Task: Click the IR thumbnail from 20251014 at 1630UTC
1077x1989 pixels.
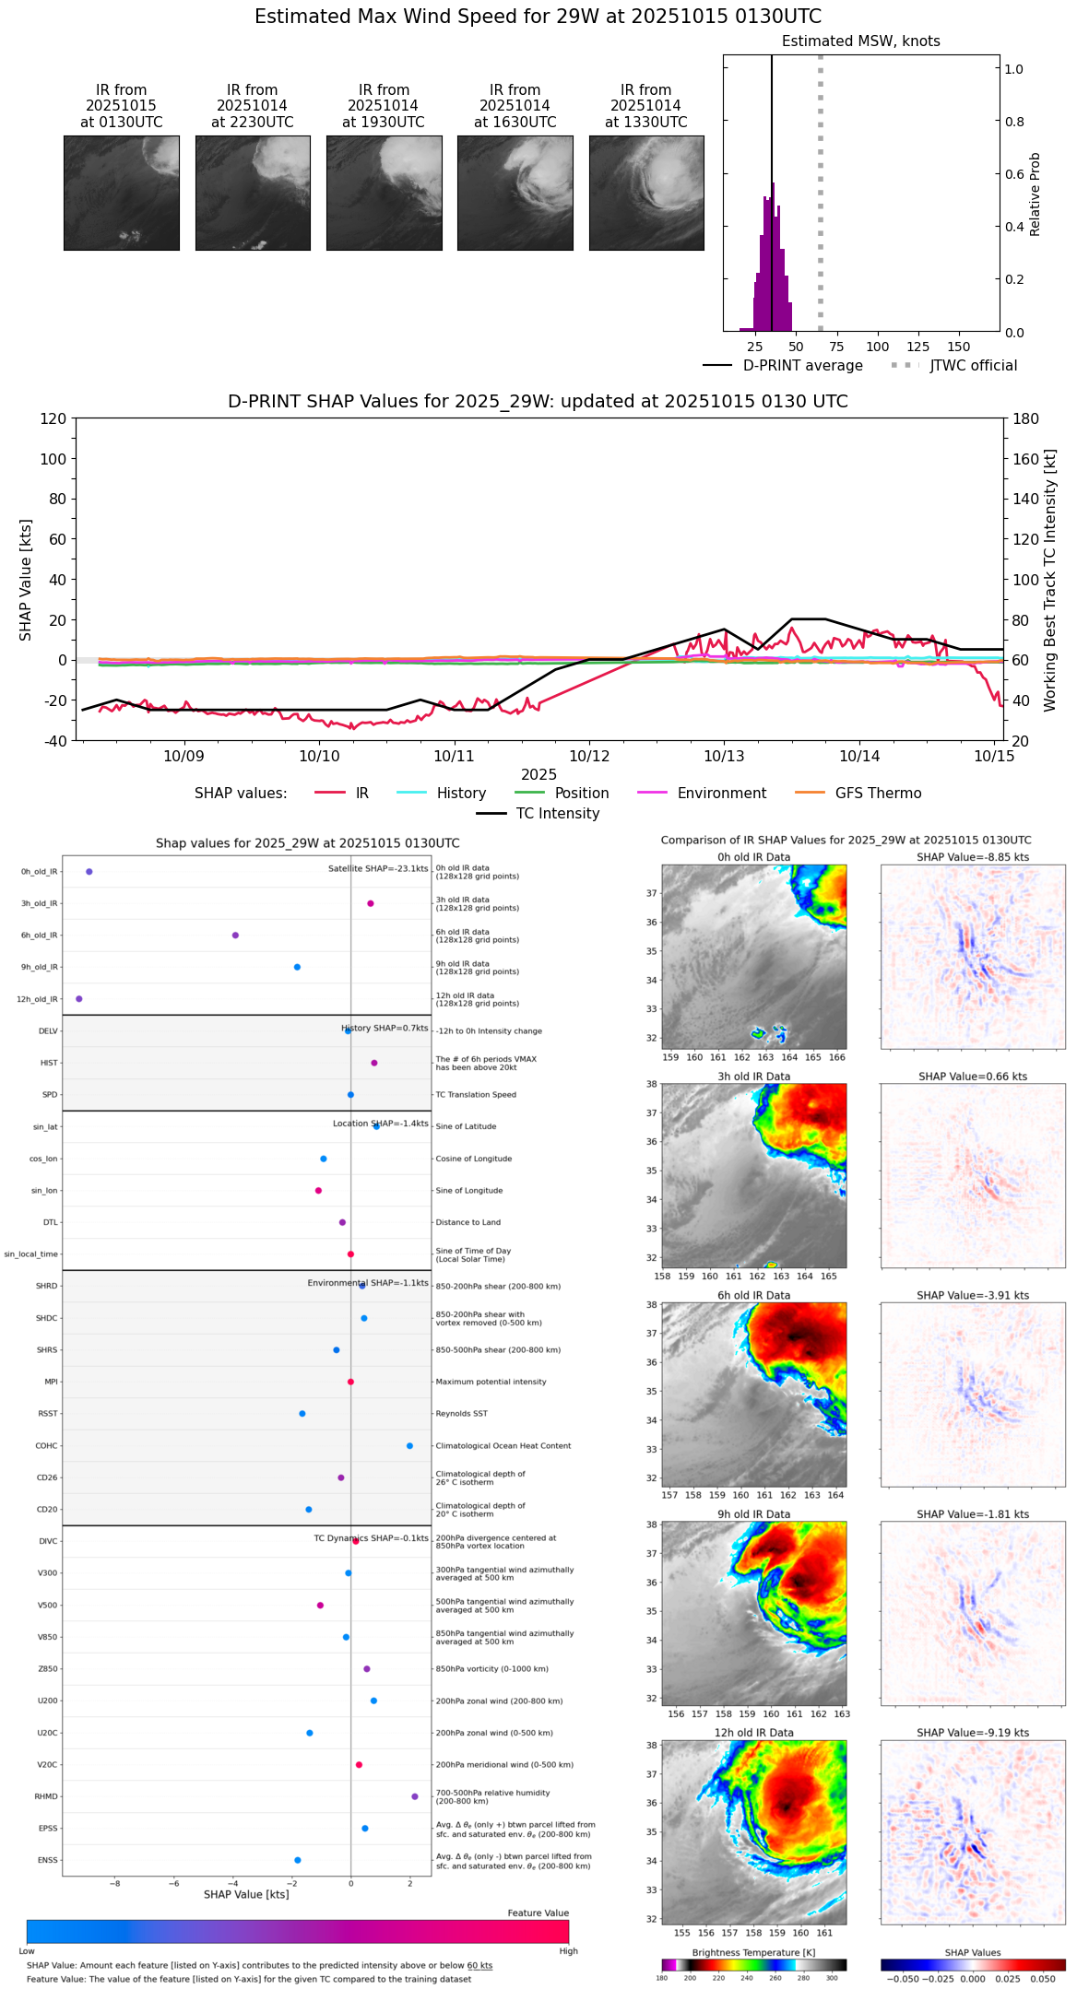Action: point(515,193)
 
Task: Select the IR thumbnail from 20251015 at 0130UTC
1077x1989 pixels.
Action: point(121,193)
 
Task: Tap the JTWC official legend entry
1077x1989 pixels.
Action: point(973,366)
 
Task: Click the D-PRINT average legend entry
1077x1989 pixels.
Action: point(802,366)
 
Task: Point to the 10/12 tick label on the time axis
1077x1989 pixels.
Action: point(589,757)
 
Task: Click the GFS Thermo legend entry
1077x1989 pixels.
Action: point(878,794)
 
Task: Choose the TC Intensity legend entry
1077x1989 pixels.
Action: point(557,814)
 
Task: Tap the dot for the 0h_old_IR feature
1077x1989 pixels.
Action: point(89,872)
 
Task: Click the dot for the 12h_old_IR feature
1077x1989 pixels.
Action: point(79,999)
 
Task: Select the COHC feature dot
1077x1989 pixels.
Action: point(409,1446)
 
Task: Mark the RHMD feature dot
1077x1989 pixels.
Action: point(415,1796)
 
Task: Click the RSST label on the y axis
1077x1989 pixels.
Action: point(47,1414)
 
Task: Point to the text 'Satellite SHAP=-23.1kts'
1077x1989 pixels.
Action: point(378,869)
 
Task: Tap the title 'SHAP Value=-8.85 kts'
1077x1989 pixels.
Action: point(973,858)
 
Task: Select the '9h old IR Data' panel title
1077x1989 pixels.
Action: point(753,1514)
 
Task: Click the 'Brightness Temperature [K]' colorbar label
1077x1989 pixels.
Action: point(753,1953)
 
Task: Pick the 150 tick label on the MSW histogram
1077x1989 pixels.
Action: point(959,347)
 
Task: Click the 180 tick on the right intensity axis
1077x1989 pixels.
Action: point(1026,419)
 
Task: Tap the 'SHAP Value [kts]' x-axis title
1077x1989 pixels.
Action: point(246,1894)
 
